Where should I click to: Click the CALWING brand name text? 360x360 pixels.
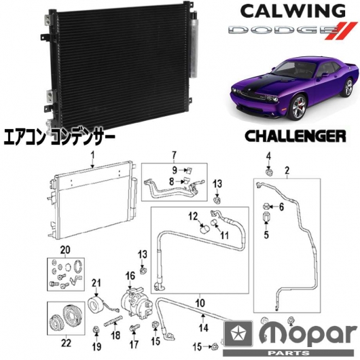click(x=293, y=12)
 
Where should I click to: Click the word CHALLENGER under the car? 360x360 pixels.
click(x=295, y=136)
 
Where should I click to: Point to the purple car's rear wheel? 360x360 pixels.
click(x=348, y=88)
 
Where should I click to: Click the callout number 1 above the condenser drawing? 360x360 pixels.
click(x=92, y=156)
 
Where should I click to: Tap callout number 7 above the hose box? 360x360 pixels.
click(x=175, y=156)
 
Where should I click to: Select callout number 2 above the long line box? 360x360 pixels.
click(x=287, y=170)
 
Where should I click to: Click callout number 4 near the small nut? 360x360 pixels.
click(x=268, y=157)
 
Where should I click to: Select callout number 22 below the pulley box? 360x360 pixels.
click(x=66, y=343)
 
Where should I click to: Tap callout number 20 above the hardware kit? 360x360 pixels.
click(x=65, y=250)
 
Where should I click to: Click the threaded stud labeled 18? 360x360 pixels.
click(x=113, y=319)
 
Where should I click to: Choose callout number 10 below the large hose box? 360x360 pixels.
click(x=200, y=303)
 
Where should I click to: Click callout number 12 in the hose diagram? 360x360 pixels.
click(x=194, y=216)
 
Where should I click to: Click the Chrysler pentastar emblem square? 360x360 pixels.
click(x=238, y=334)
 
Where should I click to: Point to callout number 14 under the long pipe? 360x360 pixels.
click(x=203, y=328)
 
